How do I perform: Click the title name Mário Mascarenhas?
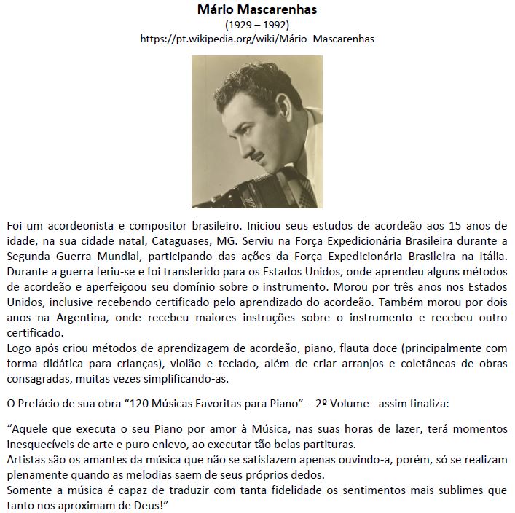tap(257, 10)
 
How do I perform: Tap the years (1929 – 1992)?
tap(257, 25)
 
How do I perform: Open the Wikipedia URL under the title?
tap(257, 39)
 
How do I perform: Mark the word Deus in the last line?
tap(144, 505)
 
